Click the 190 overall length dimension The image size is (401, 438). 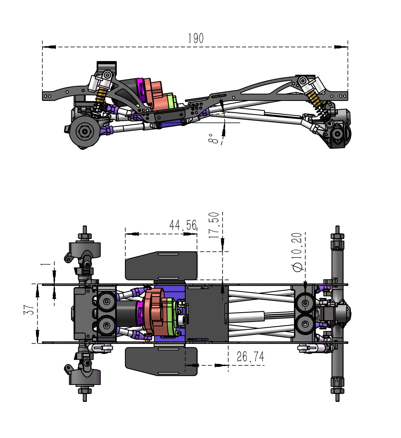(196, 38)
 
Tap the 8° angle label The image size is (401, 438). (213, 139)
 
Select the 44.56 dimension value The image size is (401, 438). (183, 225)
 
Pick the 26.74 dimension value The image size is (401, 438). (250, 356)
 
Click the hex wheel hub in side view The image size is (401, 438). (84, 132)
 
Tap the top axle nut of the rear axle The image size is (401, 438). (337, 236)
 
